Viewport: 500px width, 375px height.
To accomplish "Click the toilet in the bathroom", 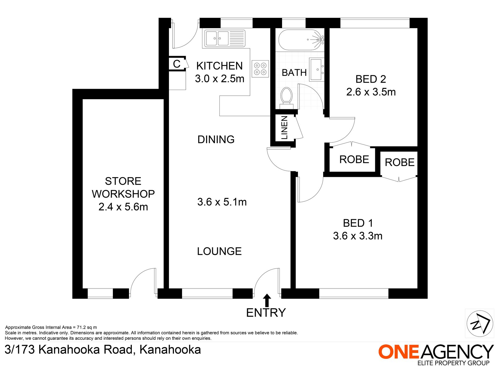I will (286, 96).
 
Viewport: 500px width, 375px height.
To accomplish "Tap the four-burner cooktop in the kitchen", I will (260, 69).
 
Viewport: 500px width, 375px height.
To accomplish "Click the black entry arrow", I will (267, 300).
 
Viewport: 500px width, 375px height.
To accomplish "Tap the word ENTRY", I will (266, 313).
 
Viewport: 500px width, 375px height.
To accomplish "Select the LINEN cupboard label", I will (284, 128).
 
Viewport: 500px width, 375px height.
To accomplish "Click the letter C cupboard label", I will (177, 64).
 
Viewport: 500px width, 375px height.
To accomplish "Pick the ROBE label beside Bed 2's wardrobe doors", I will (354, 159).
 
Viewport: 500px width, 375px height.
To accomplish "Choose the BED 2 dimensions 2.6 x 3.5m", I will (371, 92).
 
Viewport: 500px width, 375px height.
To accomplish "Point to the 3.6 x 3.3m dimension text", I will (358, 236).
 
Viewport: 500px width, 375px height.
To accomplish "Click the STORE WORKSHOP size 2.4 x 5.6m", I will (123, 207).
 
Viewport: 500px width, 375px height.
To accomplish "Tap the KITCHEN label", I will (219, 66).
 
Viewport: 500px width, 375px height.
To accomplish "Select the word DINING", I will (216, 139).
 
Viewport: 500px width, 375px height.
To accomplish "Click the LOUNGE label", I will (219, 251).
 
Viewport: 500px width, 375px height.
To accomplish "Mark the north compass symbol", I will (480, 323).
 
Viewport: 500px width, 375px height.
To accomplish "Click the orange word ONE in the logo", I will (398, 352).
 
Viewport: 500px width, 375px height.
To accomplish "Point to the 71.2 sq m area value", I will (87, 327).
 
